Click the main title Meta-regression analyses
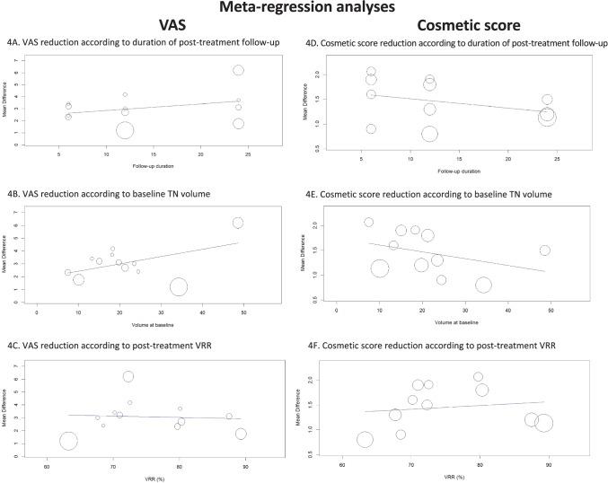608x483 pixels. point(303,8)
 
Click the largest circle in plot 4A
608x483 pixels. point(125,130)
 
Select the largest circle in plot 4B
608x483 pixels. point(179,286)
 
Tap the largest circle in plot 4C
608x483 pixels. point(68,441)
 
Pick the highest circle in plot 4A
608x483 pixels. point(238,70)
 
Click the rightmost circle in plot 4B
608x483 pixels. point(238,223)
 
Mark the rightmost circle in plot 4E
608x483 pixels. point(544,250)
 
